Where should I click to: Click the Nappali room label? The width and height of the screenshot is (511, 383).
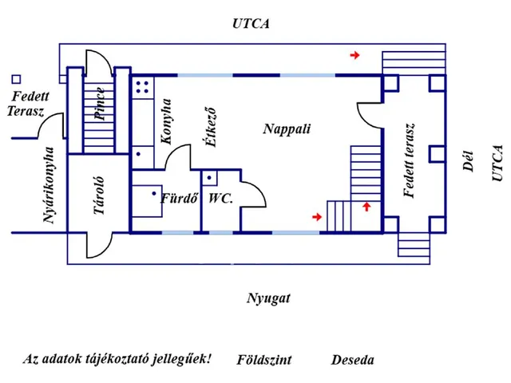click(287, 128)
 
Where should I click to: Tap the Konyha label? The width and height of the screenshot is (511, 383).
click(166, 121)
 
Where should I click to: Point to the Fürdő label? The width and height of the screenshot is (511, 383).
click(179, 198)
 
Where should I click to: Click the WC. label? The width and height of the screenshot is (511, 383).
click(220, 198)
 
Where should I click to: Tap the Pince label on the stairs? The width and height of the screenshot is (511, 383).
click(99, 102)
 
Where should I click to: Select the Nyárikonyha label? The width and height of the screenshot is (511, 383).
click(50, 185)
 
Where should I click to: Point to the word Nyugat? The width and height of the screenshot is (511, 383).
click(268, 299)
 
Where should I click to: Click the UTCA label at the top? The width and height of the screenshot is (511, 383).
click(252, 24)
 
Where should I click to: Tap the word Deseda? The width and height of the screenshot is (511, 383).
click(352, 360)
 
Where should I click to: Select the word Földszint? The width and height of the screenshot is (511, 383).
click(264, 360)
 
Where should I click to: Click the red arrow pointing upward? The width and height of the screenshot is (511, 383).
click(366, 207)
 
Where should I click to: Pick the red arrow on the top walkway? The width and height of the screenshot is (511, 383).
click(355, 55)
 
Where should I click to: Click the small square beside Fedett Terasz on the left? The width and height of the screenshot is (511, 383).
click(16, 79)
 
